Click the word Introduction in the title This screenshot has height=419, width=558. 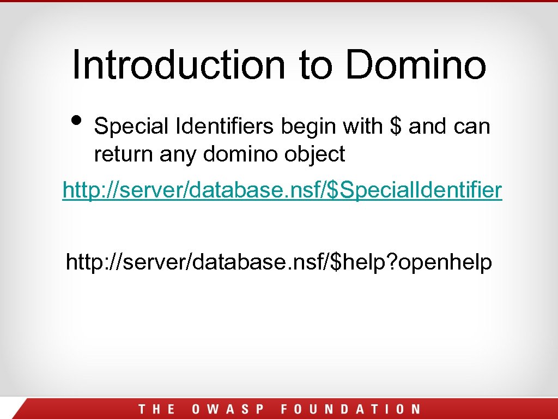[x=179, y=64]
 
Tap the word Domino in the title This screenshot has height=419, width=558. [x=416, y=64]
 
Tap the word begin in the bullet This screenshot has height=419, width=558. [x=308, y=127]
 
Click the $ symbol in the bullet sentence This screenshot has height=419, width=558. [x=396, y=127]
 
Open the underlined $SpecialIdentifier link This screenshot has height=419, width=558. [x=282, y=191]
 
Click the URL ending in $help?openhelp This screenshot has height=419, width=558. [x=278, y=262]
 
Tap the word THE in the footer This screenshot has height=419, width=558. [x=156, y=409]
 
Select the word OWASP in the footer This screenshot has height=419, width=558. [x=228, y=409]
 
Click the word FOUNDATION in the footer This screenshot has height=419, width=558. [x=350, y=409]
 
